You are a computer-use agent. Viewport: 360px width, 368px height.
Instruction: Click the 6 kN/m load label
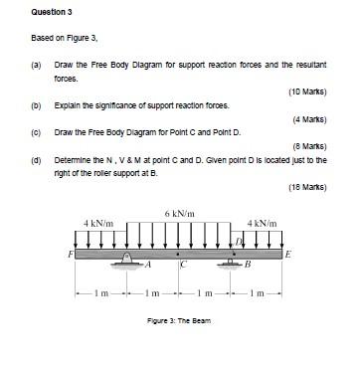(x=179, y=214)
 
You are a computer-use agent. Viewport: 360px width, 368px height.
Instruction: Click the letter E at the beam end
(x=288, y=255)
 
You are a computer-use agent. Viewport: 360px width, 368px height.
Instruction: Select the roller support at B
(x=235, y=263)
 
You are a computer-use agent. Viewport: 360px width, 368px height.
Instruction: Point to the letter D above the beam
(x=238, y=242)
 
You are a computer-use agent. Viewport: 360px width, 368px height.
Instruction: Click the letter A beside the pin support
(x=146, y=265)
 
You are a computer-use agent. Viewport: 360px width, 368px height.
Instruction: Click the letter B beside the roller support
(x=248, y=266)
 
